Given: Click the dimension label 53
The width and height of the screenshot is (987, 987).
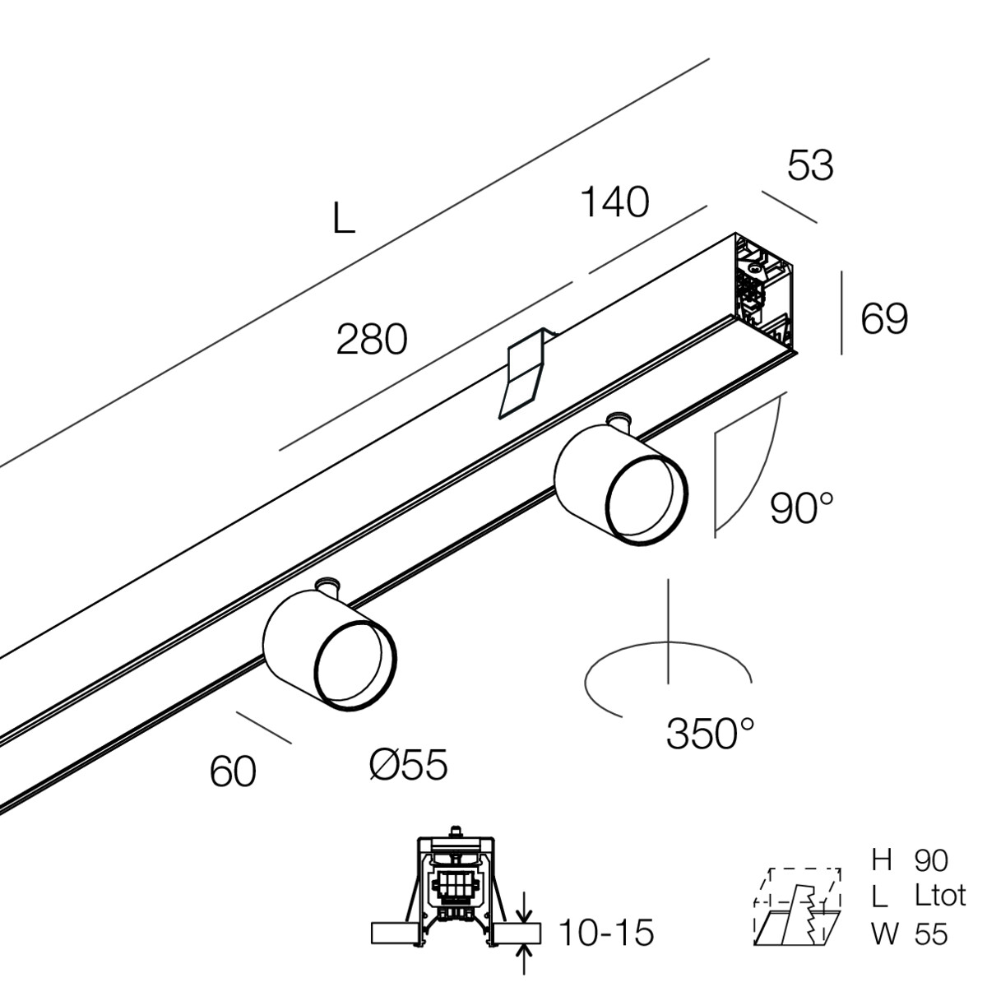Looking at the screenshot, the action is (810, 165).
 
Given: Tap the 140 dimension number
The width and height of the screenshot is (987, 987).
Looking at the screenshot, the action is (614, 202).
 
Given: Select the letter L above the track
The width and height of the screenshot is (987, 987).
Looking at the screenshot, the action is (344, 218).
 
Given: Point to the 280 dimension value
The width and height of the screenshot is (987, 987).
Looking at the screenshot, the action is (372, 340).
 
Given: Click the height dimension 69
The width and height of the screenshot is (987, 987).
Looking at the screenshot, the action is (884, 318).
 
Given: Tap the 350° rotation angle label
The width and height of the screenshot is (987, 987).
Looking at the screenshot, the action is (711, 733).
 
